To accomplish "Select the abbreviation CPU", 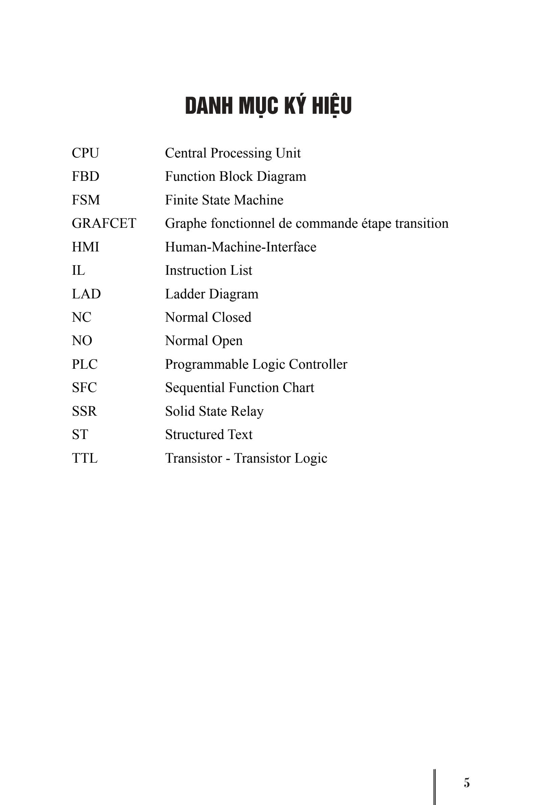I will pyautogui.click(x=85, y=153).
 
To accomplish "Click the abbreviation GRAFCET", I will pyautogui.click(x=104, y=223).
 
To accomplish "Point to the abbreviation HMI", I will pyautogui.click(x=85, y=247).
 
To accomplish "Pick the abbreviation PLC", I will pyautogui.click(x=85, y=364).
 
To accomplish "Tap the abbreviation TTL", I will pyautogui.click(x=85, y=458).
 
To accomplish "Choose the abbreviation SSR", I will pyautogui.click(x=84, y=411).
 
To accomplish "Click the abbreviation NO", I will pyautogui.click(x=82, y=341).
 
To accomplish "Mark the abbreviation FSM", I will pyautogui.click(x=86, y=200).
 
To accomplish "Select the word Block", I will pyautogui.click(x=236, y=177).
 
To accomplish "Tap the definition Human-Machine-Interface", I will pyautogui.click(x=240, y=247).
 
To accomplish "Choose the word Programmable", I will pyautogui.click(x=207, y=365).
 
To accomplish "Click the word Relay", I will pyautogui.click(x=247, y=411).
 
